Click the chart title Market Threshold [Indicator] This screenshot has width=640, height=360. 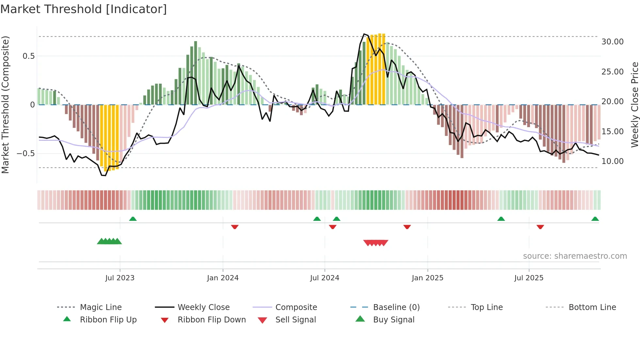point(84,9)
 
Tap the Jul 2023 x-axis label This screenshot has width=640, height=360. point(120,278)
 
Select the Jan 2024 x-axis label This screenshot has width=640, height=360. point(223,278)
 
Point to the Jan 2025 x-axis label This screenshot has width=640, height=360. point(427,278)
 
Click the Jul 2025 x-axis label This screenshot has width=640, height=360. point(529,278)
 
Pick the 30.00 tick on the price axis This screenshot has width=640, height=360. point(612,42)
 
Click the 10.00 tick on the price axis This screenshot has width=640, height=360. point(612,161)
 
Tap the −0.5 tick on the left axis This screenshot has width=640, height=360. point(26,154)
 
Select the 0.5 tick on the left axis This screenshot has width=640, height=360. point(28,56)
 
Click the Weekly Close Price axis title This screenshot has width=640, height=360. point(634,105)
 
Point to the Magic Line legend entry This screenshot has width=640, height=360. point(101,307)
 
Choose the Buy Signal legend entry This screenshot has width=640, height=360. point(393,320)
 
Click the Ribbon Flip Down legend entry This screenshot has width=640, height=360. point(211,320)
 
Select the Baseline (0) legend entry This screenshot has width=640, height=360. point(396,307)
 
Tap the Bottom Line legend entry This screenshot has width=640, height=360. point(592,307)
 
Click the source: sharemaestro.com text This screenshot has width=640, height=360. point(575,256)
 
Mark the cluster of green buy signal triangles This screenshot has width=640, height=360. point(109,241)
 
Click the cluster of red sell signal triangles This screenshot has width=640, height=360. point(376,243)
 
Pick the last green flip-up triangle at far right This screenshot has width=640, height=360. point(595,219)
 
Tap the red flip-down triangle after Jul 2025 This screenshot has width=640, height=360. point(540,227)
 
